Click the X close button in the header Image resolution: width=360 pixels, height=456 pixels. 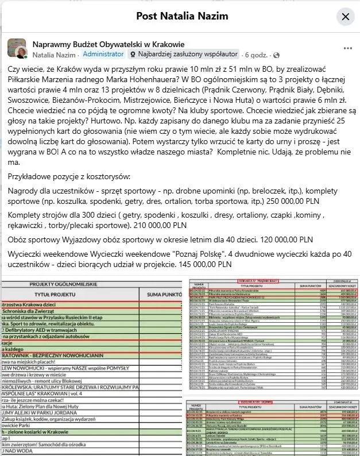point(345,17)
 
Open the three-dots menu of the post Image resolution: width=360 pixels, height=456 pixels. point(347,48)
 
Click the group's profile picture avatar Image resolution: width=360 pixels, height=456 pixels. point(17,49)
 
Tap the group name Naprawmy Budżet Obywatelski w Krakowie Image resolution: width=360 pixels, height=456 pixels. point(109,44)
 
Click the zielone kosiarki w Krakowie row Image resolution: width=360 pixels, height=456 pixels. point(52,429)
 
